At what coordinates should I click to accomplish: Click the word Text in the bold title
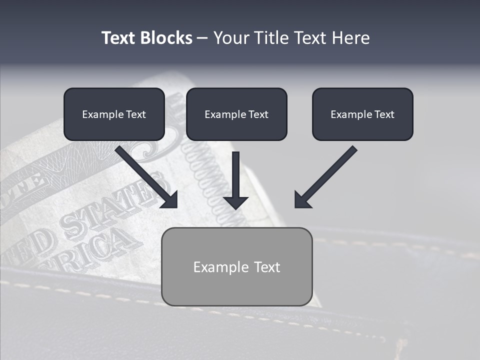coord(118,38)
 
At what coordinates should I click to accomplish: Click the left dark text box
coord(114,114)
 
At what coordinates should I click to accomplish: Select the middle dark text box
coord(236,114)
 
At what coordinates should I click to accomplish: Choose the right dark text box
coord(362,114)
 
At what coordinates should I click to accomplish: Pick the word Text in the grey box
coord(267,267)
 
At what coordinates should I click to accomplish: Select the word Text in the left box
coord(135,114)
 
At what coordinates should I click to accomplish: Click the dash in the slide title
coord(203,38)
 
